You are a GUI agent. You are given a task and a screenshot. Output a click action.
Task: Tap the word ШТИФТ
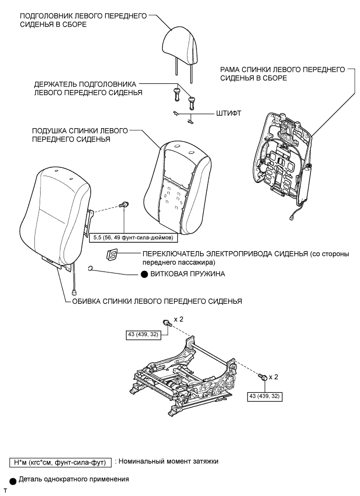(228, 112)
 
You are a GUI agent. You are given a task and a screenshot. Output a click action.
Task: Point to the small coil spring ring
(91, 269)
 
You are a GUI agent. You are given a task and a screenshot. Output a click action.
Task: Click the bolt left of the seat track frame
(166, 323)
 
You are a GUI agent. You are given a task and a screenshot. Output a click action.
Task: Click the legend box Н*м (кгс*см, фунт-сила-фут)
(58, 462)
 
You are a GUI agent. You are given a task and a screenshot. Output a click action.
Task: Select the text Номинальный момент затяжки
(167, 462)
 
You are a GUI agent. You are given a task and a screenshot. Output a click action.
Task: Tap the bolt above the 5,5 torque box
(126, 205)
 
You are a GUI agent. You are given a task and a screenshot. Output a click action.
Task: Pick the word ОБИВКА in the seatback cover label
(85, 301)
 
